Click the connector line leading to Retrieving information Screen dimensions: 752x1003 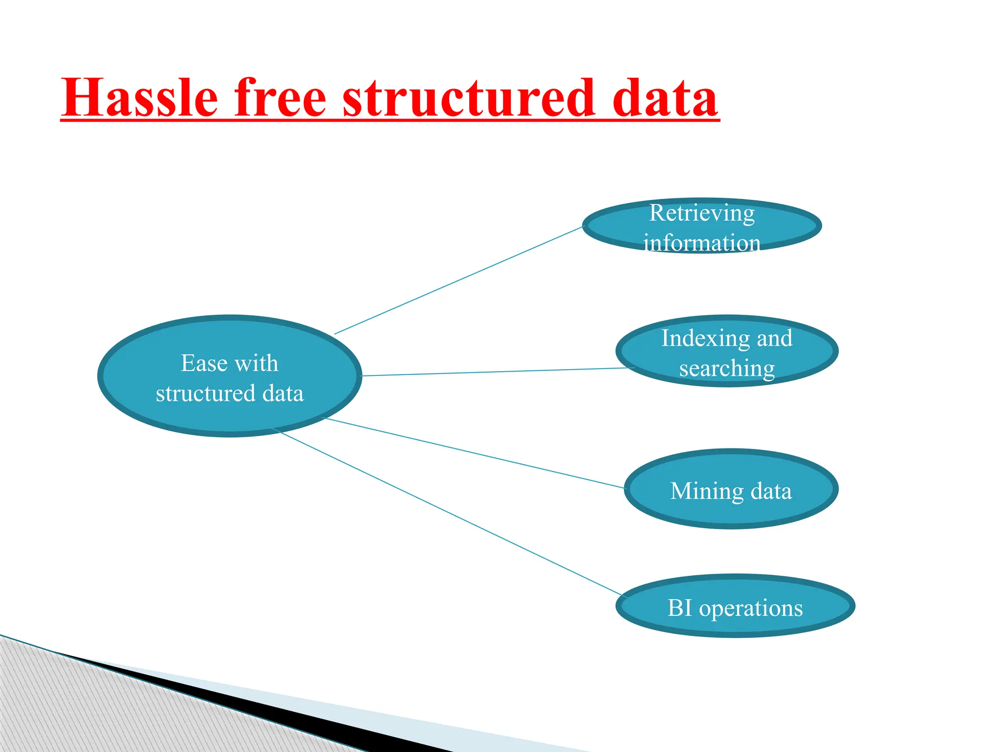458,281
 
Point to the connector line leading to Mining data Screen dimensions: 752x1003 475,453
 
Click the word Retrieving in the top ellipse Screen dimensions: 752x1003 702,213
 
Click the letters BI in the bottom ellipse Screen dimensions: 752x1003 680,608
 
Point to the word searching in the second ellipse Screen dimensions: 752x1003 727,369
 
